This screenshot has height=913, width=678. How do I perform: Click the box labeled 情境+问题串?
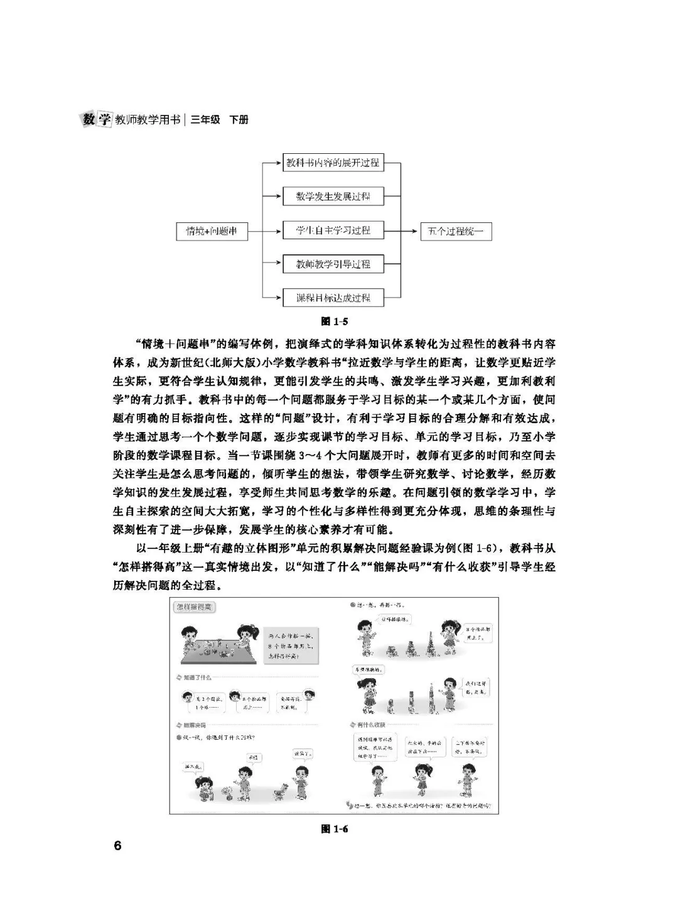(x=211, y=231)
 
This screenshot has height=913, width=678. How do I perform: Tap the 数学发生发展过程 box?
(x=333, y=197)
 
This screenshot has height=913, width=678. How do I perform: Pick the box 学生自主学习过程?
(x=333, y=230)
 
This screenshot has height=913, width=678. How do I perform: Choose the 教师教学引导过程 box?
(x=333, y=264)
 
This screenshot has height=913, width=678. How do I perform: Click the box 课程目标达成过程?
(x=333, y=298)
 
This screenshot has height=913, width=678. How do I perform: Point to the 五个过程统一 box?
(x=456, y=231)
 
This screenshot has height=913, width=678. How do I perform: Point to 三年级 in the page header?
(x=205, y=119)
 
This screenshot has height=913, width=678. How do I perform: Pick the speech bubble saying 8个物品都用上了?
(x=480, y=631)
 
